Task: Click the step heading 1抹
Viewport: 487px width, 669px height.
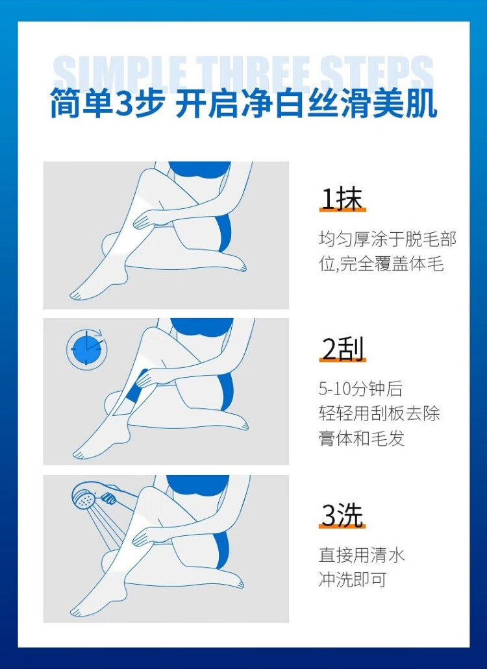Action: pyautogui.click(x=342, y=199)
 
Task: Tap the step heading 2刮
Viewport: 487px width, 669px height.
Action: pyautogui.click(x=343, y=350)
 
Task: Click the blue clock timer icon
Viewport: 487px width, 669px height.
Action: pyautogui.click(x=86, y=349)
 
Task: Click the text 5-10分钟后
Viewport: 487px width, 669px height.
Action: pyautogui.click(x=360, y=389)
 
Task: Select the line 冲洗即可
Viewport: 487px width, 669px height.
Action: pyautogui.click(x=353, y=579)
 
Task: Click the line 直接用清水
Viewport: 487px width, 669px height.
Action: pyautogui.click(x=362, y=555)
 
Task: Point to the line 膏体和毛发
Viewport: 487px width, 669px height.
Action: pyautogui.click(x=362, y=438)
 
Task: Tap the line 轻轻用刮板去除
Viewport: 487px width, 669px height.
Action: pyautogui.click(x=379, y=413)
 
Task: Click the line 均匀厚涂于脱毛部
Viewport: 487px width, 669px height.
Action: pyautogui.click(x=388, y=239)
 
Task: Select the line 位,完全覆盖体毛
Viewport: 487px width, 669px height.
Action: pyautogui.click(x=381, y=264)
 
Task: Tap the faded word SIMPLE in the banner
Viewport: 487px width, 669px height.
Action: pyautogui.click(x=120, y=74)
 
